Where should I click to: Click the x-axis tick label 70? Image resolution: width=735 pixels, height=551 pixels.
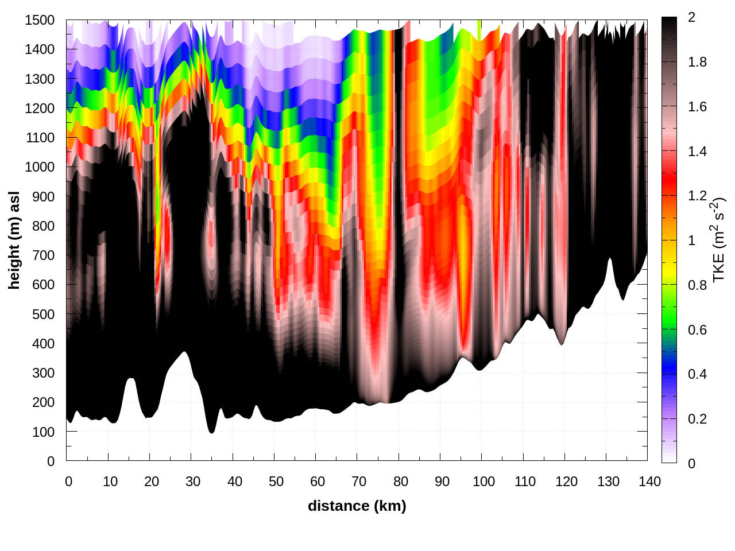359,482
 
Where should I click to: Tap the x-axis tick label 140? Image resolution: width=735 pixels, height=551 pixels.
649,482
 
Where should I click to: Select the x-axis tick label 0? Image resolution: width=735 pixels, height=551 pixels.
68,482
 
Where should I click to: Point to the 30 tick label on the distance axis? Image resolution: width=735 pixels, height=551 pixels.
193,482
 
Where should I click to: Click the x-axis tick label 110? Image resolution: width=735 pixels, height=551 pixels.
525,482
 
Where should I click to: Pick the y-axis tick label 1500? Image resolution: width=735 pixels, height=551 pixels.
40,20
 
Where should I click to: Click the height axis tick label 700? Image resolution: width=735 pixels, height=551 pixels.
43,255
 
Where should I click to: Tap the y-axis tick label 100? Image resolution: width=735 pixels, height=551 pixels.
43,432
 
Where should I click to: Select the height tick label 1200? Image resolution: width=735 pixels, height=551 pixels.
40,108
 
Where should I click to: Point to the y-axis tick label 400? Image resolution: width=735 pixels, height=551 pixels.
43,344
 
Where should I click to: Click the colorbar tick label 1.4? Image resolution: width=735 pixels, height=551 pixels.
697,152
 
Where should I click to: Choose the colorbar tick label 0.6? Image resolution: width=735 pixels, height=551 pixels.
697,330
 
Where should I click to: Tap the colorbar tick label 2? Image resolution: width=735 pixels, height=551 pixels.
691,18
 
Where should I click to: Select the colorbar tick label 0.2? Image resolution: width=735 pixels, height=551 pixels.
697,419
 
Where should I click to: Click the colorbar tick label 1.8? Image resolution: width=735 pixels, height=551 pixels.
697,63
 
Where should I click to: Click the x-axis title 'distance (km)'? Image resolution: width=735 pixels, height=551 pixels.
357,506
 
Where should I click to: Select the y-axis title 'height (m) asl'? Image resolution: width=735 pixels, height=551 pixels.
14,240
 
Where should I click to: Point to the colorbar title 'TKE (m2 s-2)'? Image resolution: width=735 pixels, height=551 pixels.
719,240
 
